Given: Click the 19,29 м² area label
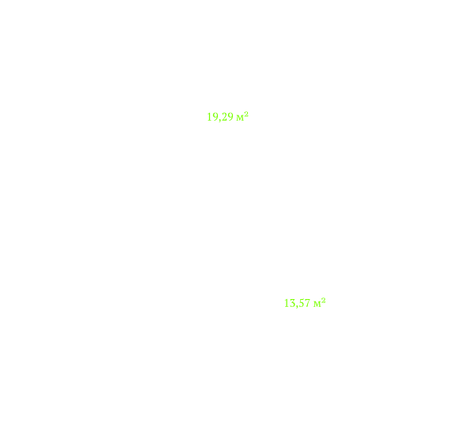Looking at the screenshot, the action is click(227, 117).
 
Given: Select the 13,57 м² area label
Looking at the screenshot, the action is click(305, 303).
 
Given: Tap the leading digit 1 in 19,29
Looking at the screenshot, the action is click(209, 117).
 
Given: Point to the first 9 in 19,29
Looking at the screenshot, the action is click(215, 117).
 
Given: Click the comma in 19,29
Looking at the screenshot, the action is click(219, 120).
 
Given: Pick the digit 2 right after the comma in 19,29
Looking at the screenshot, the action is click(223, 117).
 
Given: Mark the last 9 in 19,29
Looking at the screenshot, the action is click(230, 117).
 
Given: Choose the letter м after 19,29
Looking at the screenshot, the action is click(240, 118).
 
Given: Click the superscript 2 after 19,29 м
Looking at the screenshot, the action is click(246, 114).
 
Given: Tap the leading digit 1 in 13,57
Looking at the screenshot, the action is click(287, 303).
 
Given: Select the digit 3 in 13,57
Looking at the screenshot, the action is click(292, 303).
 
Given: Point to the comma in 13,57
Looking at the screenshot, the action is click(296, 306).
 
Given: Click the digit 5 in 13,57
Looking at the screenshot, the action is click(300, 303).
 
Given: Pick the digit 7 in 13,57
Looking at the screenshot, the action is click(307, 303).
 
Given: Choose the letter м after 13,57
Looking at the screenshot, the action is click(317, 305).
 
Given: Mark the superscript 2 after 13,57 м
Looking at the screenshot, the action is click(324, 301).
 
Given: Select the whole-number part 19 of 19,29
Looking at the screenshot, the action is click(212, 117).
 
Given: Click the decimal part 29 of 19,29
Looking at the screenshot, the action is click(227, 117).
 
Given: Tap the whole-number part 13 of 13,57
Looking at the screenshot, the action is click(290, 303).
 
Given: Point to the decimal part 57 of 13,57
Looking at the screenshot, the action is click(304, 303).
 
